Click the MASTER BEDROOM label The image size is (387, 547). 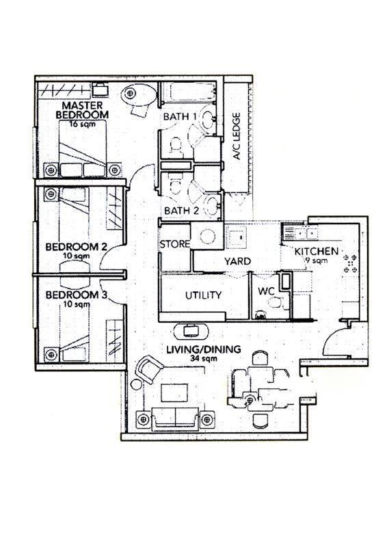point(82,109)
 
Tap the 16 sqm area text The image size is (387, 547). point(82,124)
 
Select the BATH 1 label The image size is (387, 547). point(180,116)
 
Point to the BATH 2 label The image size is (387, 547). point(181,211)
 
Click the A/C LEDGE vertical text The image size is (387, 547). point(237,136)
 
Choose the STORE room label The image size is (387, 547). point(175,244)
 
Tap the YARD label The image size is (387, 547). point(237,261)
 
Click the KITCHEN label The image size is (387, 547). point(317,251)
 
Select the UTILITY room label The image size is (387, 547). point(204,295)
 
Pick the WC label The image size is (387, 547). point(266,291)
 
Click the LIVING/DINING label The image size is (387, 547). point(204,349)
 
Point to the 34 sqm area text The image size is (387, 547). point(204,358)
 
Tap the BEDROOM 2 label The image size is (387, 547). point(76,247)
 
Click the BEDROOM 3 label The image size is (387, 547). point(76,295)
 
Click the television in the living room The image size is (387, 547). point(191,330)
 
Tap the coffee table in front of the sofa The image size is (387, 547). point(174,392)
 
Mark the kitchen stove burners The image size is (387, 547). point(350,263)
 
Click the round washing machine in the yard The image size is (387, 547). point(207,237)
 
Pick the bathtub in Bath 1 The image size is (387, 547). point(189,92)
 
